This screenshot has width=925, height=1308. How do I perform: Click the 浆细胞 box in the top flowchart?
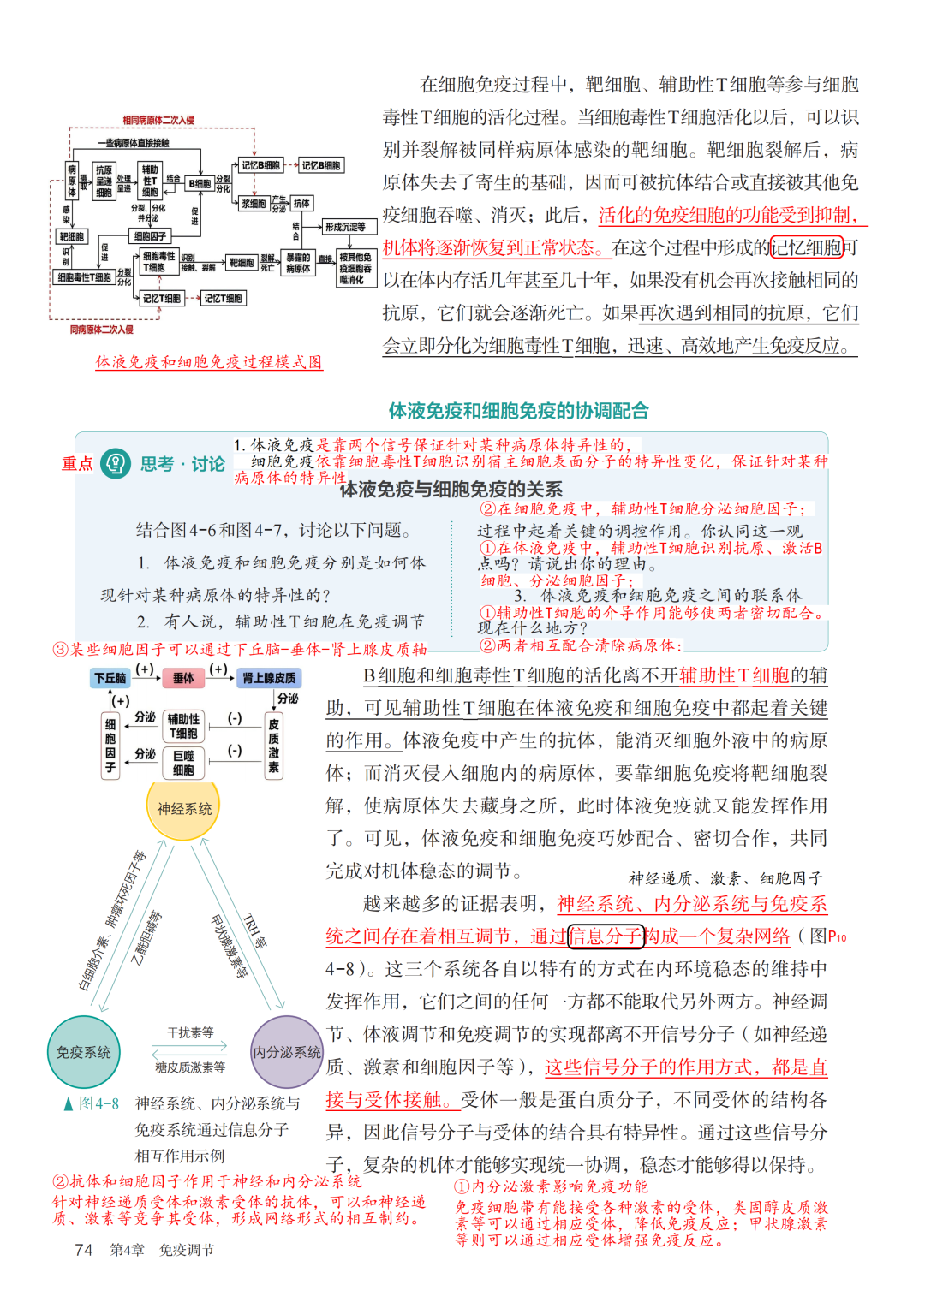coord(254,204)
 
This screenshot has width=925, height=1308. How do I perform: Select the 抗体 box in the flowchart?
coord(301,203)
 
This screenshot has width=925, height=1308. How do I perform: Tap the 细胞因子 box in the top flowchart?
coord(151,235)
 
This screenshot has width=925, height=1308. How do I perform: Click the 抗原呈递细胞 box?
coord(104,181)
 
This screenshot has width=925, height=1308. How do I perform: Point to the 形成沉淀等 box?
coord(345,227)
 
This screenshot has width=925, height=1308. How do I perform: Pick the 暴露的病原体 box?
coord(298,263)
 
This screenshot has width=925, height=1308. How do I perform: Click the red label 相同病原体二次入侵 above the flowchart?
coord(158,120)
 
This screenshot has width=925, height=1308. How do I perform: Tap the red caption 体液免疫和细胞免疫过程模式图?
coord(209,362)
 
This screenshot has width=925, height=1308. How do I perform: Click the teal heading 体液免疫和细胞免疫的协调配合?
coord(518,411)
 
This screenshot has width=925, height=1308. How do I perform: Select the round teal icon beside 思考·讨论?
coord(116,463)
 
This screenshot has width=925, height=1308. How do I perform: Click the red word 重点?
coord(77,463)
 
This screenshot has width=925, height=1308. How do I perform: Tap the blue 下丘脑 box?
coord(110,678)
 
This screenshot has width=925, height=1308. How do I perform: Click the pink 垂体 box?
coord(183,678)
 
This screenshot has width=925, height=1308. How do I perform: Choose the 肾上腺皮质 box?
coord(269,678)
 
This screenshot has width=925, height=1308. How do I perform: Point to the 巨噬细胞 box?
coord(183,763)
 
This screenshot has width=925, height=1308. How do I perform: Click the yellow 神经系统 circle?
coord(183,808)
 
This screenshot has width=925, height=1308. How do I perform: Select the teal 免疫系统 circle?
coord(83,1052)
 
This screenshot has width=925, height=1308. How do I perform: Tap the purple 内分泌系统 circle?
coord(287,1052)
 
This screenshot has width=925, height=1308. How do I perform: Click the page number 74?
coord(84,1250)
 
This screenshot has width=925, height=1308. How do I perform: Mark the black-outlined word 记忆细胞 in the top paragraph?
coord(807,247)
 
